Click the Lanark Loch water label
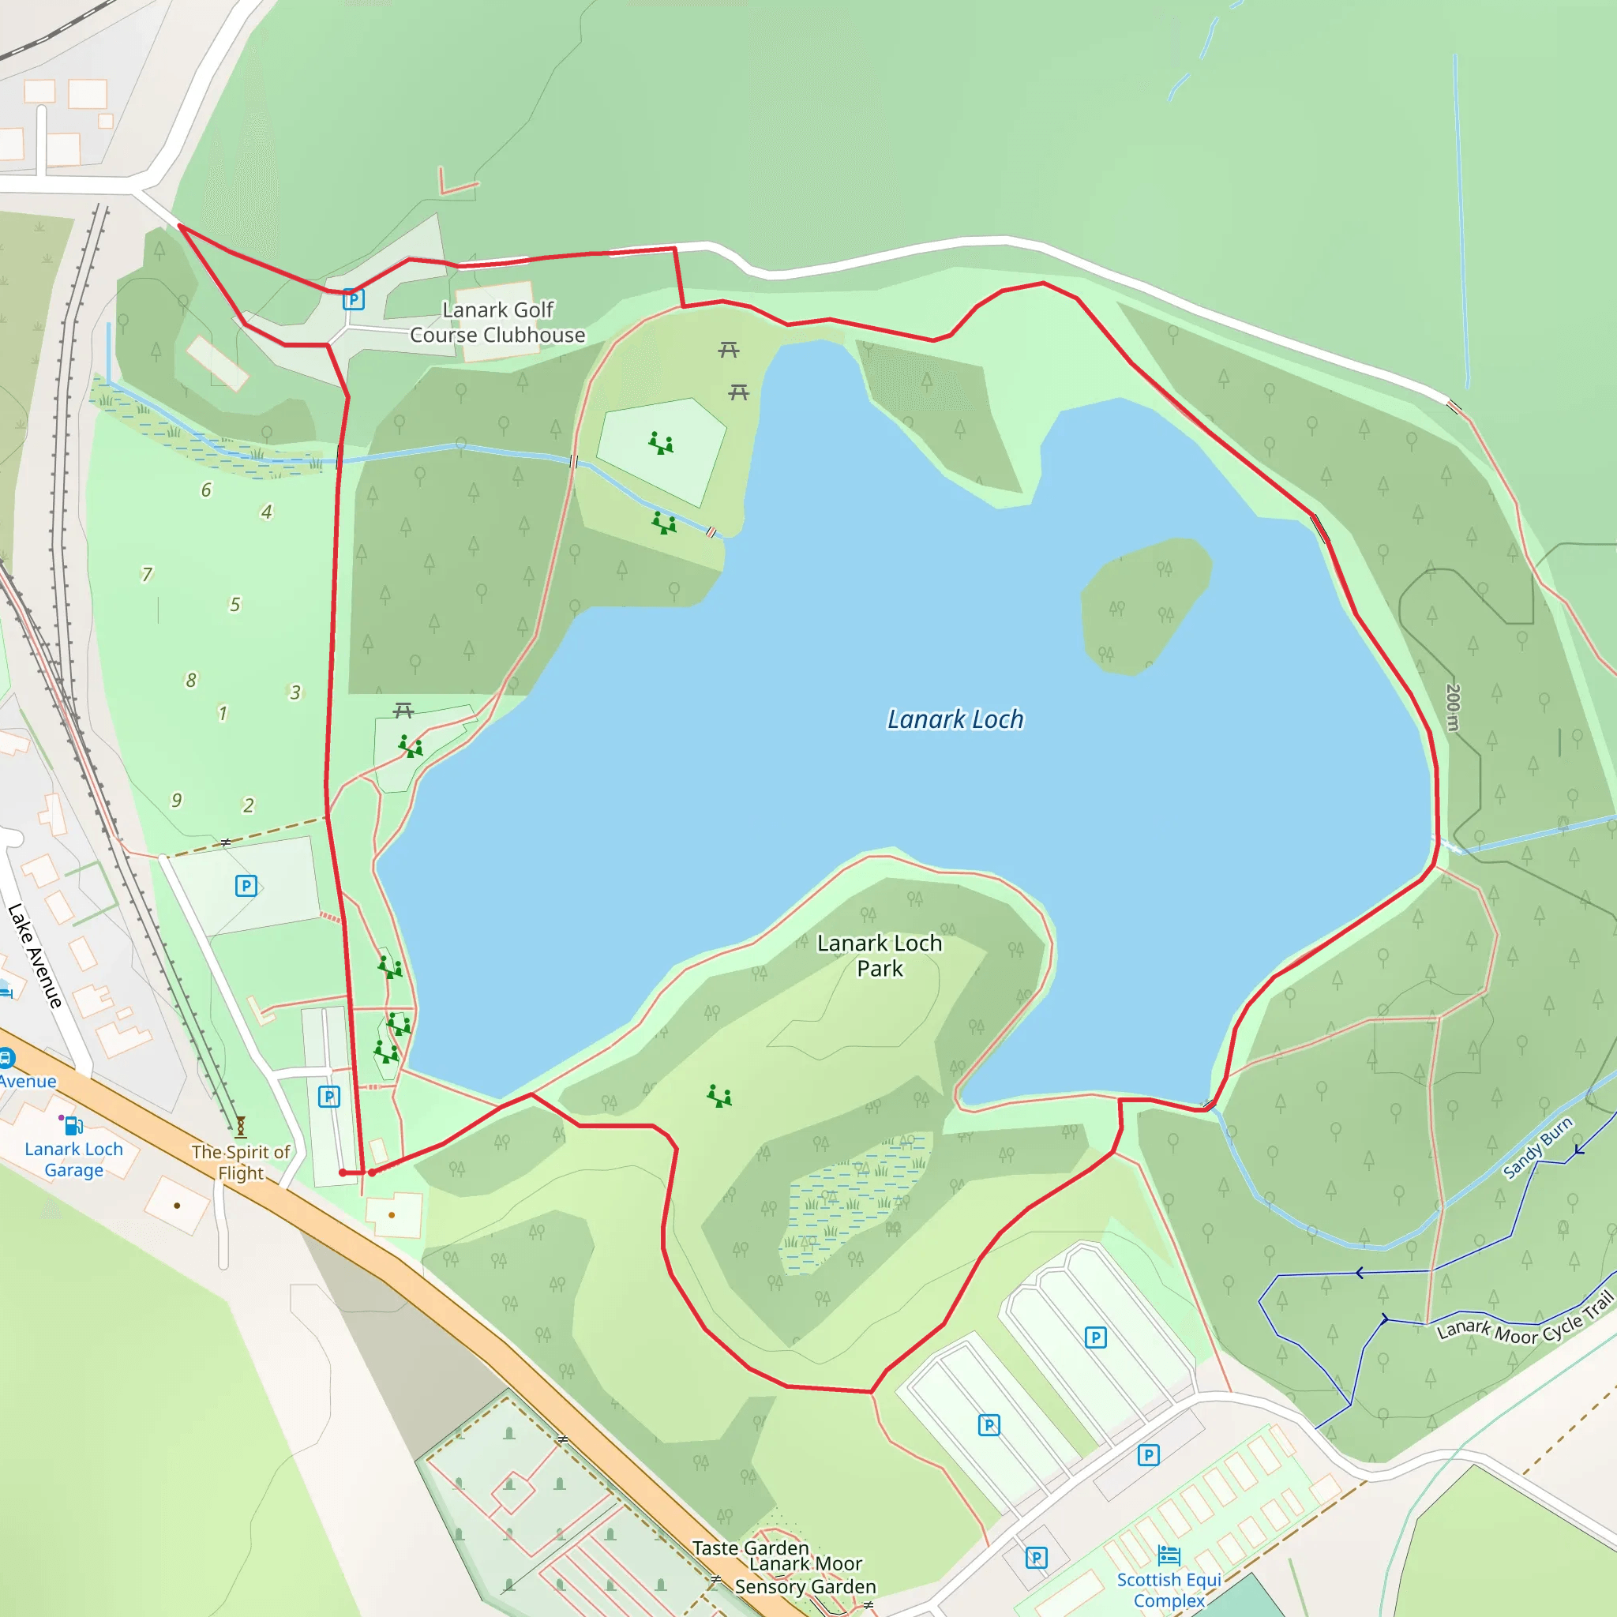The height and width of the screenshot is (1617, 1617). coord(955,720)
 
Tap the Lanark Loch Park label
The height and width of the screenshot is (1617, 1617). coord(880,956)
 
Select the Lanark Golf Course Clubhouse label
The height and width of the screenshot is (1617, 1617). coord(497,322)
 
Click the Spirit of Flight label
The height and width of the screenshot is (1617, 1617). coord(241,1162)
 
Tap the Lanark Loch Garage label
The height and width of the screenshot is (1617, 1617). coord(73,1159)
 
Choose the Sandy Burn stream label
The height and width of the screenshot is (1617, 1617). coord(1537,1147)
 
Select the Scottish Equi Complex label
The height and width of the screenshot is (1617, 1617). coord(1169,1589)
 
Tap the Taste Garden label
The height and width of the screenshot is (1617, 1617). coord(751,1548)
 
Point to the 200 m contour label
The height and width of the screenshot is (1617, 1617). coord(1453,707)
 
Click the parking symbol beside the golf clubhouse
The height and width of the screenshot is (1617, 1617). coord(353,299)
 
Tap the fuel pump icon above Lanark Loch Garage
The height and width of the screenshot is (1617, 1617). coord(73,1126)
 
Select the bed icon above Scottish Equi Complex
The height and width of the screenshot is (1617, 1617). coord(1169,1555)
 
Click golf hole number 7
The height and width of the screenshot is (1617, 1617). coord(148,574)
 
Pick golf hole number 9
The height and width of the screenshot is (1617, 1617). coord(177,800)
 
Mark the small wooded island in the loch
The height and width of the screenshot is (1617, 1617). coord(1144,605)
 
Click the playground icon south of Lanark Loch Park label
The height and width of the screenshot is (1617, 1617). coord(719,1096)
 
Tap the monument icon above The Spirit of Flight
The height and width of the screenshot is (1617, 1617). coord(240,1127)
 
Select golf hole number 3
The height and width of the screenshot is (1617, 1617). coord(295,692)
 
